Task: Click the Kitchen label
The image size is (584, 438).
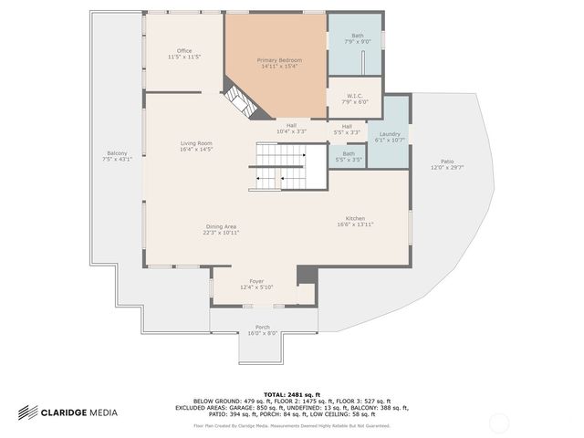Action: click(x=355, y=220)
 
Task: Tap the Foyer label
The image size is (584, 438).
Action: click(x=256, y=284)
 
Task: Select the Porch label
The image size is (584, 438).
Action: click(x=262, y=329)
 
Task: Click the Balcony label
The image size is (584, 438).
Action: click(x=117, y=155)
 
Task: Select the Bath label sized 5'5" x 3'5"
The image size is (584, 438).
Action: click(x=349, y=156)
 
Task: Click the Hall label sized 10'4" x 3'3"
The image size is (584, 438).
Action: click(x=291, y=128)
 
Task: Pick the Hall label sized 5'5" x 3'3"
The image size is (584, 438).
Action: click(x=347, y=129)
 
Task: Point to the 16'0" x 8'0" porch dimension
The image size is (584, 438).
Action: click(x=262, y=334)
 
